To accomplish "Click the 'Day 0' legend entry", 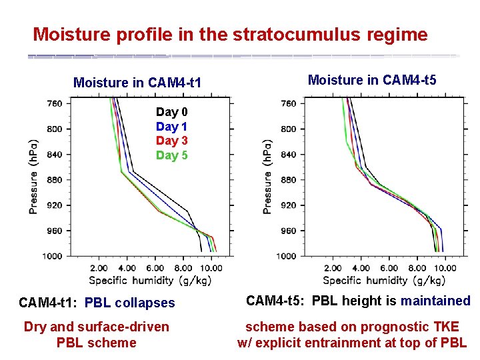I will (x=171, y=112).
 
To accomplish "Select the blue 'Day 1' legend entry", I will (x=171, y=126).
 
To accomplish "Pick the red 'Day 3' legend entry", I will (x=171, y=141).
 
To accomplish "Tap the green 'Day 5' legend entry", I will (x=171, y=155).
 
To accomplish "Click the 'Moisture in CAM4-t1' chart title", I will (x=137, y=83).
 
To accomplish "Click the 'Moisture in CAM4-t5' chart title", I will (x=372, y=81).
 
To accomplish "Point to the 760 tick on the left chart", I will (x=55, y=103).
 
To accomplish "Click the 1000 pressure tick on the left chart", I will (x=53, y=256).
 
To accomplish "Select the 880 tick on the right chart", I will (x=289, y=180).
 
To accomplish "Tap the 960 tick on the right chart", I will (x=289, y=231).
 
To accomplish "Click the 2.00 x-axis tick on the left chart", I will (x=99, y=268).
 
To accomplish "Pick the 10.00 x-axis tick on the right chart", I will (x=445, y=268).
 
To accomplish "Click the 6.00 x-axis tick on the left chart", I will (x=155, y=268).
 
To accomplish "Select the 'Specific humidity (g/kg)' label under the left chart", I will (x=150, y=280).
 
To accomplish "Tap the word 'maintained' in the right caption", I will (x=435, y=301).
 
